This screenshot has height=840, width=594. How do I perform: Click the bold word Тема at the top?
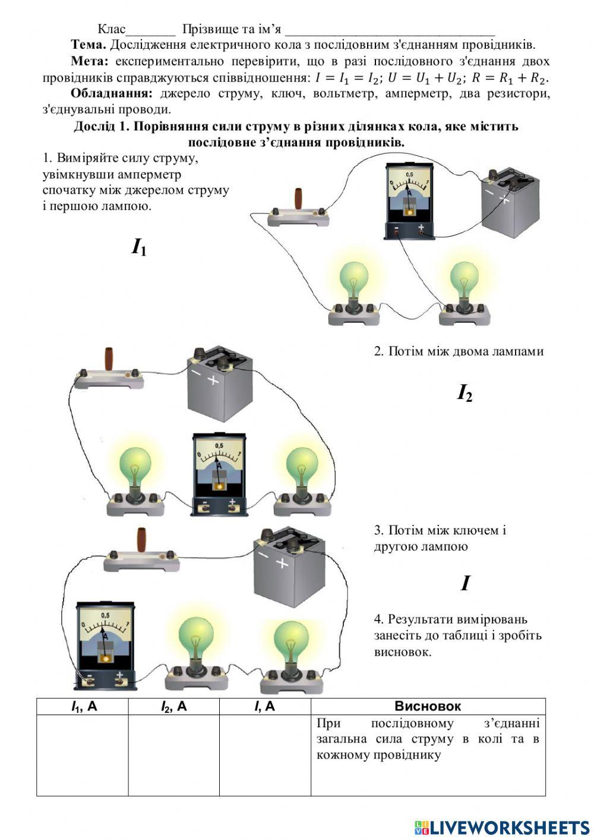point(88,45)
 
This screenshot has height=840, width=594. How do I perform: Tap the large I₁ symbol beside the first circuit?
point(139,247)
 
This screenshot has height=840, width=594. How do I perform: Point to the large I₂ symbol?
point(465,393)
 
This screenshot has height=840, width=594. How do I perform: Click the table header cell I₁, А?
point(83,706)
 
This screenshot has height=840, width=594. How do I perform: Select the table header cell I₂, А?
point(173,706)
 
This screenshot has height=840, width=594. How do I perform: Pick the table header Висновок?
point(428,706)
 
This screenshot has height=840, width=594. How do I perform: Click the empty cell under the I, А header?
point(265,755)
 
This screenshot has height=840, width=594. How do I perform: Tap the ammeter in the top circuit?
point(409,201)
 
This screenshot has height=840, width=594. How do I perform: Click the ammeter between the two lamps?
point(219,473)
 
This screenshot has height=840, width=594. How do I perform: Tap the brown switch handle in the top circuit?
point(298,199)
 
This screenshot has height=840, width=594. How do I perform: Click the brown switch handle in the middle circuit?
point(110,360)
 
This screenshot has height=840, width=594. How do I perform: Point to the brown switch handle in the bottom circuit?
point(142,539)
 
